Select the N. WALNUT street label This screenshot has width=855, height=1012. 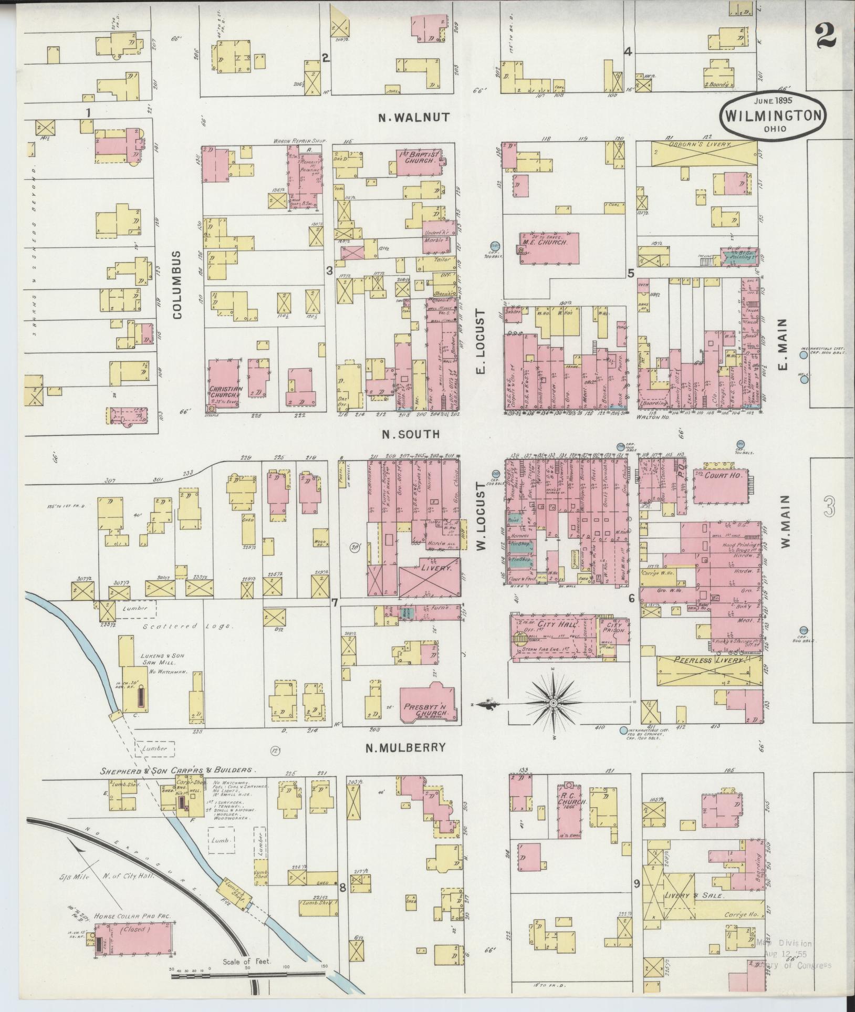(415, 118)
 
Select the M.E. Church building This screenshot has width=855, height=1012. (549, 246)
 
